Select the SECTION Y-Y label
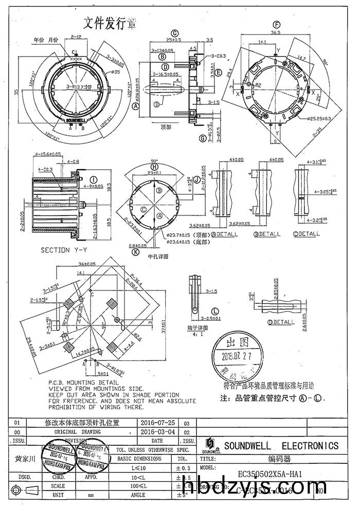coord(62,250)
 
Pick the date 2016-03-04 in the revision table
coord(157,432)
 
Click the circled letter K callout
coord(135,252)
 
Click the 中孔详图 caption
coord(157,256)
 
